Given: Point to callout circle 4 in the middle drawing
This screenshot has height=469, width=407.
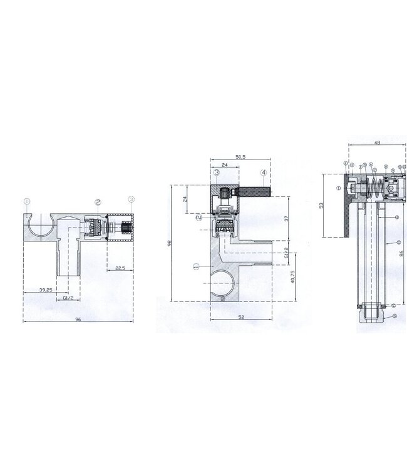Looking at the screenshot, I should tap(264, 172).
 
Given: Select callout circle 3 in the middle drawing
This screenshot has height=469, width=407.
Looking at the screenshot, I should tap(215, 172).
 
